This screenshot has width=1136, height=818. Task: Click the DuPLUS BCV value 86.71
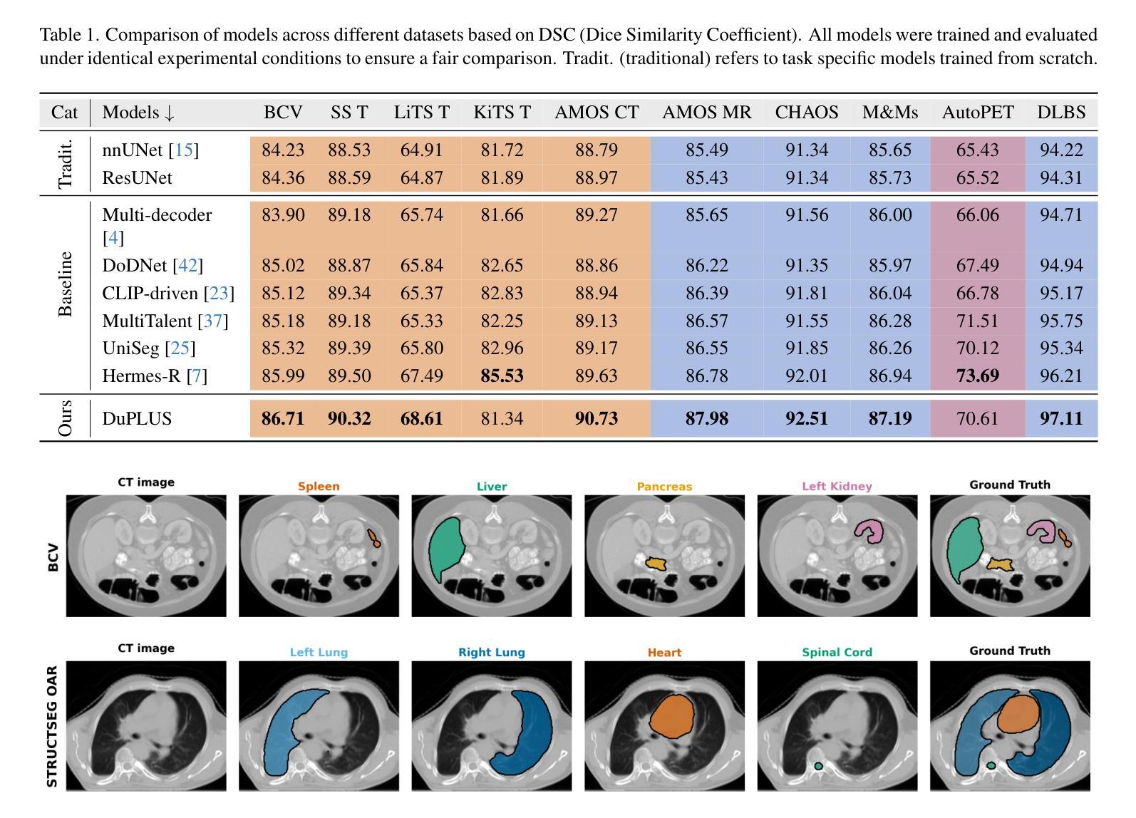coord(283,418)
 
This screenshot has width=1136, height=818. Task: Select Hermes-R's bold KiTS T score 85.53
coord(502,376)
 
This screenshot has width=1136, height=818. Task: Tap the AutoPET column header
coord(977,112)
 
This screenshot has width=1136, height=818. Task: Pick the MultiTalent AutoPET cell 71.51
coord(977,321)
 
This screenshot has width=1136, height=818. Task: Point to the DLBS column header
coord(1061,112)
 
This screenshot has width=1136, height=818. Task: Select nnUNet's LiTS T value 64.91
coord(421,150)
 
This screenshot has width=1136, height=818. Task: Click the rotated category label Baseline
coord(66,284)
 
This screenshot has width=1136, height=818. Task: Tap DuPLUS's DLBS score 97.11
coord(1061,418)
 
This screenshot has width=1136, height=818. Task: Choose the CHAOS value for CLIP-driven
coord(807,293)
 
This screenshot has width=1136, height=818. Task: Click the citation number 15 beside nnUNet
coord(184,150)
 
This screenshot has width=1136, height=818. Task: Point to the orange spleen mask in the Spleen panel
coord(373,537)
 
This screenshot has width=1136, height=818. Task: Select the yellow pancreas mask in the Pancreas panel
coord(655,564)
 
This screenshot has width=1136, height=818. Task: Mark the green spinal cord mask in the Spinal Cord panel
coord(818,766)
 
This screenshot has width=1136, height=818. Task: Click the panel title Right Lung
coord(491,652)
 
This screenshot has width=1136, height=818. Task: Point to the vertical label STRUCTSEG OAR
coord(52,725)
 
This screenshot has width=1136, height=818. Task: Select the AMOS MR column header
coord(706,112)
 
